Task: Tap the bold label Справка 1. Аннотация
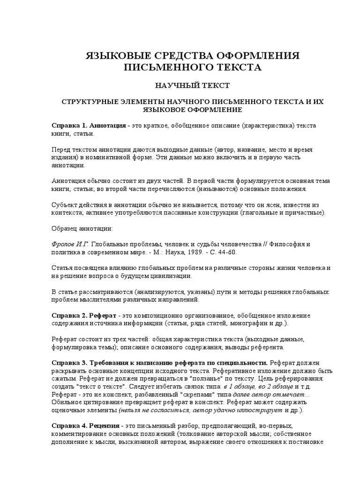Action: point(88,126)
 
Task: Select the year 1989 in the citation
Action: point(196,252)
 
